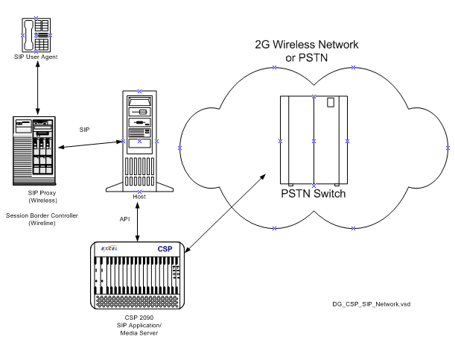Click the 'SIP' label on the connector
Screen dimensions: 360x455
coord(86,130)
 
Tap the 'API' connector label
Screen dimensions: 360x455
coord(126,219)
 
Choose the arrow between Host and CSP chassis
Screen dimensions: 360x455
coord(138,220)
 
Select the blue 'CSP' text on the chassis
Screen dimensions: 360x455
coord(165,248)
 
